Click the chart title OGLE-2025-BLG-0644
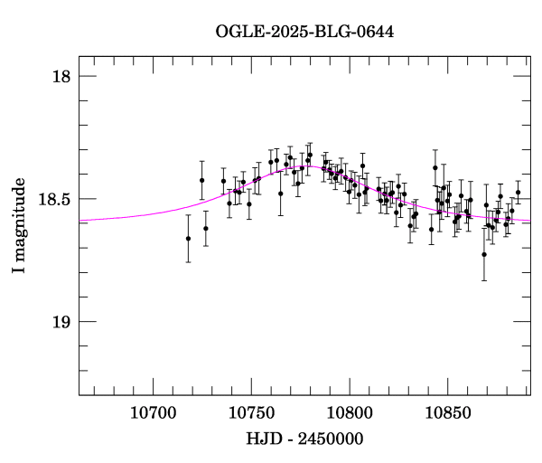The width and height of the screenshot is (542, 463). [304, 33]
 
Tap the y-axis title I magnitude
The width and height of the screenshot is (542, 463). [19, 226]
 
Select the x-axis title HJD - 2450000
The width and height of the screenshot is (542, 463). [304, 439]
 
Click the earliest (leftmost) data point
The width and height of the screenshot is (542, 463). [188, 239]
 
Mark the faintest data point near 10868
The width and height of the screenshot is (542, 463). [484, 254]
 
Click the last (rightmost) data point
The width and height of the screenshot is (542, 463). [518, 192]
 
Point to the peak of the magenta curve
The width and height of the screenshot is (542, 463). [306, 166]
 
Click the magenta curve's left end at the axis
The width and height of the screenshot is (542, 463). [80, 221]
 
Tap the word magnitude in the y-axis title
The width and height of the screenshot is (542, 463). [19, 218]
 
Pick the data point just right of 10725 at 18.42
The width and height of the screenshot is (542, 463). [202, 180]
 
